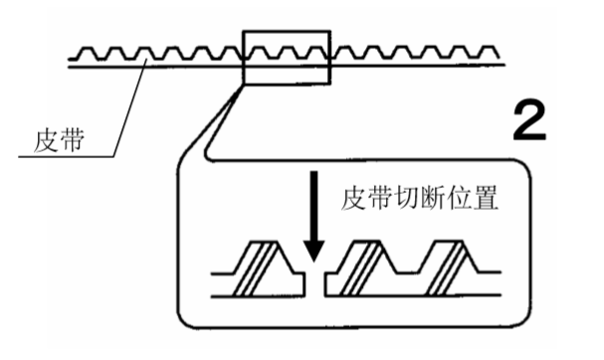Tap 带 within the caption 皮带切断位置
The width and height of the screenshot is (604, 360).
click(x=373, y=200)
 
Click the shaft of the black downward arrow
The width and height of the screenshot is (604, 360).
click(x=313, y=214)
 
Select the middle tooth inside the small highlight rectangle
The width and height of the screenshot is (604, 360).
click(x=286, y=50)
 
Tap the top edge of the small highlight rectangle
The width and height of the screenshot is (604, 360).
click(x=286, y=31)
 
